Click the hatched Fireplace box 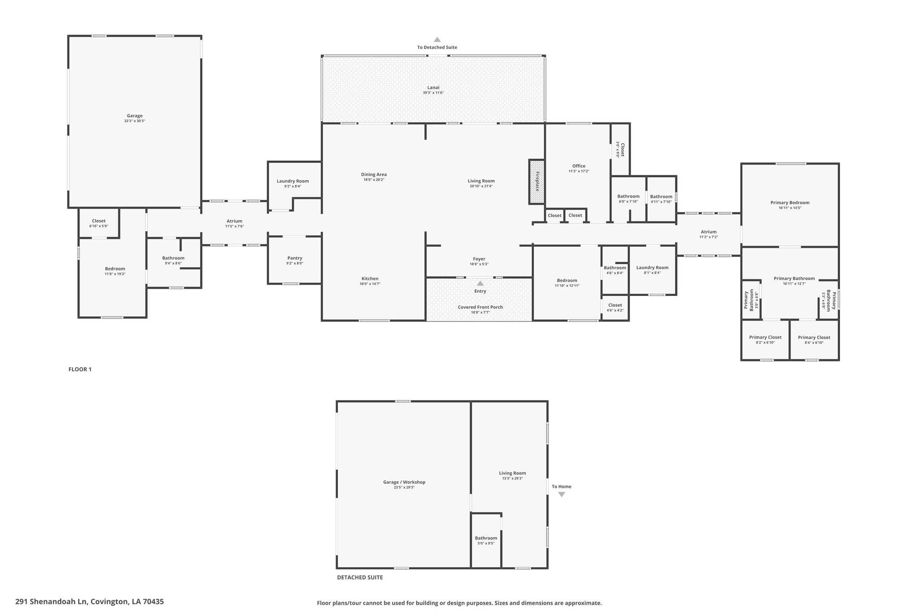click(537, 182)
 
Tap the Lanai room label click(433, 87)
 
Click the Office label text click(579, 166)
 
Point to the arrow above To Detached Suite click(437, 39)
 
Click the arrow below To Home click(561, 495)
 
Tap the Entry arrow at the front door click(480, 283)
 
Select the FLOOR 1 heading click(80, 369)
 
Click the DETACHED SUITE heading click(360, 577)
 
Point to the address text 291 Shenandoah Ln click(52, 602)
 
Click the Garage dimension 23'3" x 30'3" click(135, 121)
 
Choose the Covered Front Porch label click(480, 307)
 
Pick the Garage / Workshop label click(404, 482)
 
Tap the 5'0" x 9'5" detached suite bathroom click(486, 541)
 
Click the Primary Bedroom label click(790, 203)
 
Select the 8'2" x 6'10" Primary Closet click(765, 339)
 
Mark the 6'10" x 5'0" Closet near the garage click(99, 223)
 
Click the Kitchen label click(370, 279)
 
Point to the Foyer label click(479, 259)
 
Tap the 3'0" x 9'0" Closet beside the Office click(620, 149)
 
